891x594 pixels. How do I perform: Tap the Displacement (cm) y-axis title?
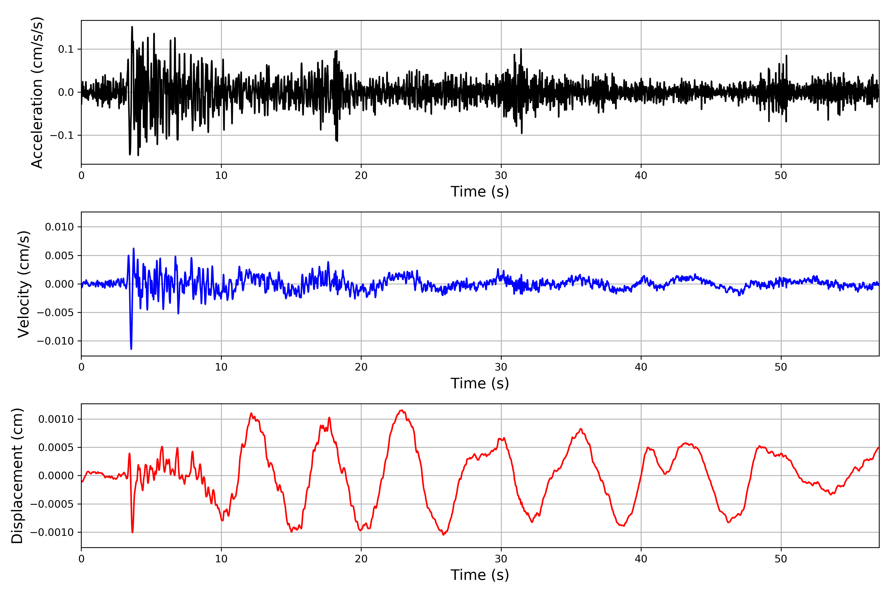pyautogui.click(x=17, y=476)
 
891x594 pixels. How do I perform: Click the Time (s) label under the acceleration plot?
pyautogui.click(x=480, y=192)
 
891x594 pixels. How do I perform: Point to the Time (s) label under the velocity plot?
pyautogui.click(x=480, y=383)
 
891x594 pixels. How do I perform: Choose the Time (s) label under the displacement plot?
pyautogui.click(x=480, y=575)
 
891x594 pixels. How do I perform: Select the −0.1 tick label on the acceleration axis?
pyautogui.click(x=62, y=135)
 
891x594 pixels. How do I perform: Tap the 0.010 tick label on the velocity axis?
pyautogui.click(x=59, y=227)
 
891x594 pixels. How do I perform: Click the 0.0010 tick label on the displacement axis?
pyautogui.click(x=56, y=419)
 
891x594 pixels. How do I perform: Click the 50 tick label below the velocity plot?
pyautogui.click(x=781, y=367)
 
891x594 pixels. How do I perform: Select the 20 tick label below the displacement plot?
pyautogui.click(x=361, y=559)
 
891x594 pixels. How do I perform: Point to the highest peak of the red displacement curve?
pyautogui.click(x=401, y=410)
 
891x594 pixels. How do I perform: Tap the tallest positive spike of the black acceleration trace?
pyautogui.click(x=132, y=27)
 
